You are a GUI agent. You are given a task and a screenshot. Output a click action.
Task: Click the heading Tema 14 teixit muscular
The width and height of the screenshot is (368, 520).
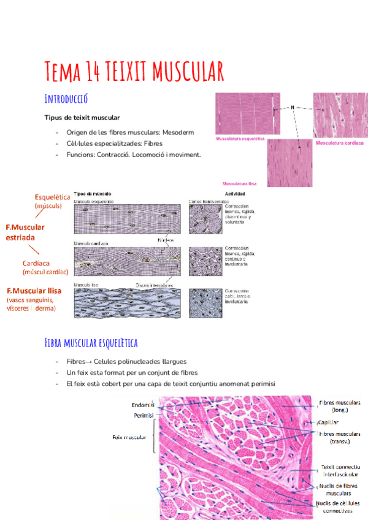click(134, 71)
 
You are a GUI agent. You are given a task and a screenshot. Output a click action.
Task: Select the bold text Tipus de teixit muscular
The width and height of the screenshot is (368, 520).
click(82, 117)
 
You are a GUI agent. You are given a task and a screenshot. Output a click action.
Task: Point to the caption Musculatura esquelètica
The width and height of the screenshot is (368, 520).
click(240, 139)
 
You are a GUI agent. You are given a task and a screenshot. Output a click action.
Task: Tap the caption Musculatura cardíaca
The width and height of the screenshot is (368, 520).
click(339, 143)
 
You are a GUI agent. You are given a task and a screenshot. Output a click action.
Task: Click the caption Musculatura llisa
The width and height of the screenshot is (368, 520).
click(240, 183)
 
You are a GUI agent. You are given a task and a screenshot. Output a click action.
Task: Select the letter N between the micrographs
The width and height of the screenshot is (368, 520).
click(293, 108)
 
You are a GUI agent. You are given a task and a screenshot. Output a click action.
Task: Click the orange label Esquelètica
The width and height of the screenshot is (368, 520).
click(52, 197)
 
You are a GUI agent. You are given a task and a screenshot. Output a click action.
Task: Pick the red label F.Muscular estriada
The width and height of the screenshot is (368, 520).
click(34, 231)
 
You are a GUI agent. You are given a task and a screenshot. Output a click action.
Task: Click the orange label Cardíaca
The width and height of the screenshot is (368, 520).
click(37, 263)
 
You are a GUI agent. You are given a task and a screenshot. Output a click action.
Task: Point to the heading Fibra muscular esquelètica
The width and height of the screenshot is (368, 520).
click(91, 342)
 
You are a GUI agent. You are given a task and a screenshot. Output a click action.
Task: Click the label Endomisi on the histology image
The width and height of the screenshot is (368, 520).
click(142, 405)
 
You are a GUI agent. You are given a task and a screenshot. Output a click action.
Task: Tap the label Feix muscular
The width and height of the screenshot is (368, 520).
click(129, 437)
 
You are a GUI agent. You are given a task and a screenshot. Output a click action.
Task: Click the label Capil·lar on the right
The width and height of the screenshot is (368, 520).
click(328, 422)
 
